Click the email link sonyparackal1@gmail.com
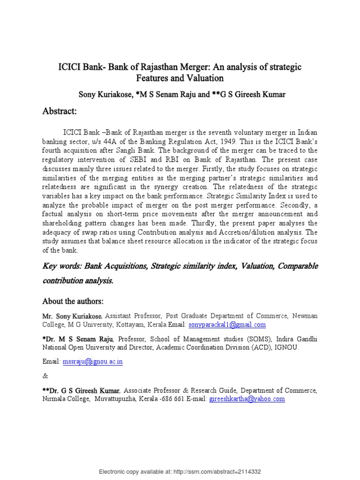(227, 324)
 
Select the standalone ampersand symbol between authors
(45, 376)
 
